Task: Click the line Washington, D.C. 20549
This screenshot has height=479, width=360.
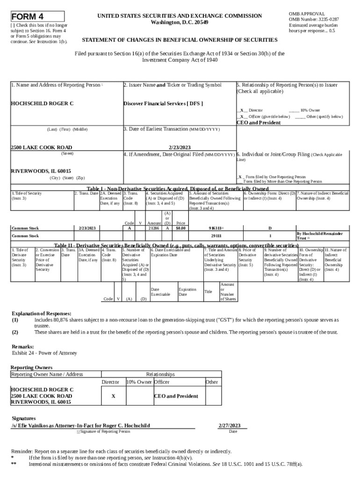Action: pos(180,22)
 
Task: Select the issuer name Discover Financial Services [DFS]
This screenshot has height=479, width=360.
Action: pos(163,103)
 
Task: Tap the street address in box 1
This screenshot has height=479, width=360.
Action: pos(42,147)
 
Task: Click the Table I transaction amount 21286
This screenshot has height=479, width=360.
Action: pos(153,228)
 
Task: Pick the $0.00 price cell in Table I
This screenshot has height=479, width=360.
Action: pos(180,228)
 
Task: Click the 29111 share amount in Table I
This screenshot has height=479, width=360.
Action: pos(216,236)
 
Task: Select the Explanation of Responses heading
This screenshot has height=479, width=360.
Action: pos(41,313)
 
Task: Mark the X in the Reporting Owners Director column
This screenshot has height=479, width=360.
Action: pos(113,396)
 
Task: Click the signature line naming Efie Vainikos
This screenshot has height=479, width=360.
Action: pos(80,426)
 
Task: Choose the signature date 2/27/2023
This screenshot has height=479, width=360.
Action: pos(230,426)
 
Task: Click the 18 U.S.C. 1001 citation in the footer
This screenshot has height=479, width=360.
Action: pos(240,464)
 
